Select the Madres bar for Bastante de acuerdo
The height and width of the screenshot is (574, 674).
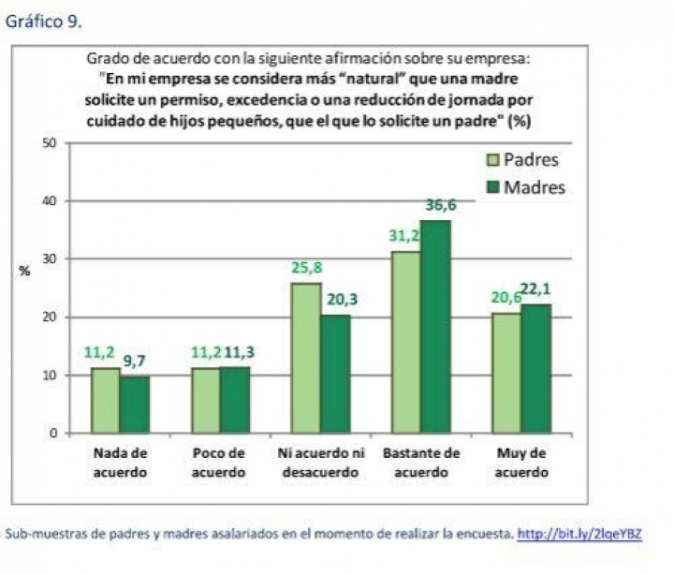[434, 328]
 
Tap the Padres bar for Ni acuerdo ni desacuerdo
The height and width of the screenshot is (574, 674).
[305, 359]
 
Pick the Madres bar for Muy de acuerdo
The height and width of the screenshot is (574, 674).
[535, 369]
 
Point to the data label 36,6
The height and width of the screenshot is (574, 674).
[441, 205]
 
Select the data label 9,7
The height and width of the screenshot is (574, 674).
[134, 361]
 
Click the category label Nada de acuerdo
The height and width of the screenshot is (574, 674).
[120, 463]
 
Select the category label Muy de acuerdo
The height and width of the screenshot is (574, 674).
[521, 463]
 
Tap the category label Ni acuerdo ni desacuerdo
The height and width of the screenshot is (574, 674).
[321, 463]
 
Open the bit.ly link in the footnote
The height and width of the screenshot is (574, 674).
[580, 534]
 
